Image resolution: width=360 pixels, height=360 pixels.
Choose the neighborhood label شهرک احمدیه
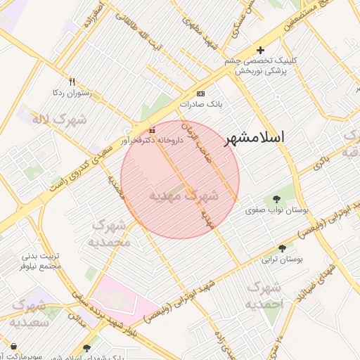point(265,295)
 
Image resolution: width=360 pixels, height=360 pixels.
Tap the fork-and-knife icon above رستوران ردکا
point(71,82)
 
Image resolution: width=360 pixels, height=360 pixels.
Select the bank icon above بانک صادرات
point(201,94)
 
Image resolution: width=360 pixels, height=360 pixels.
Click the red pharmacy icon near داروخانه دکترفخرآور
point(153,131)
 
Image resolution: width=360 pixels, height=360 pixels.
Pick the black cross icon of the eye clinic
point(260,50)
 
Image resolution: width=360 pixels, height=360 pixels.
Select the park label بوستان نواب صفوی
point(274,210)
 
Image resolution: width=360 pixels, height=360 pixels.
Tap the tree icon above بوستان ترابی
point(282,248)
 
